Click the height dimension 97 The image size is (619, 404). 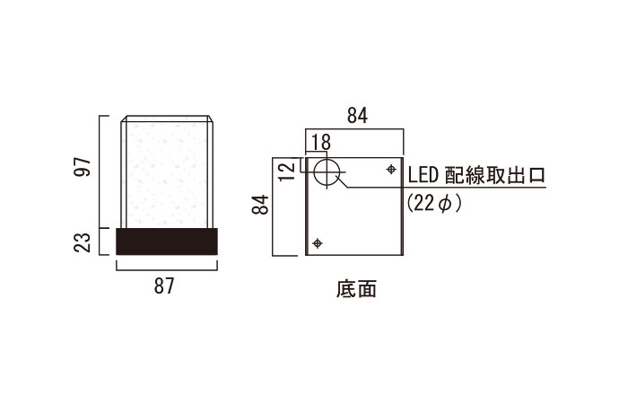[x=83, y=166]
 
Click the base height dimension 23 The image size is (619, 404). [x=83, y=242]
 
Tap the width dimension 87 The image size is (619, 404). [x=164, y=285]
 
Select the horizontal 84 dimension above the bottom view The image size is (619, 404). [x=357, y=116]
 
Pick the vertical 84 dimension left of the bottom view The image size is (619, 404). [x=260, y=205]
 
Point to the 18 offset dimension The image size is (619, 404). [x=321, y=142]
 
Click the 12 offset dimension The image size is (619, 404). [x=287, y=171]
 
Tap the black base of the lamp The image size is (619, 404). [x=167, y=242]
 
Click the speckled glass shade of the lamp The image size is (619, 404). [x=166, y=175]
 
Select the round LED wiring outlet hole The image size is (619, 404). [x=327, y=172]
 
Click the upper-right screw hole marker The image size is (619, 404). [x=391, y=170]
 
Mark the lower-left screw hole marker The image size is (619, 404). [x=318, y=243]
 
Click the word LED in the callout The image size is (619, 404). [x=423, y=175]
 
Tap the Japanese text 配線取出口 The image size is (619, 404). [x=495, y=175]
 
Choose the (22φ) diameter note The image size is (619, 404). [x=434, y=204]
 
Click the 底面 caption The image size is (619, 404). [x=357, y=289]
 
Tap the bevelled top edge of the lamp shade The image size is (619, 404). [x=167, y=119]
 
